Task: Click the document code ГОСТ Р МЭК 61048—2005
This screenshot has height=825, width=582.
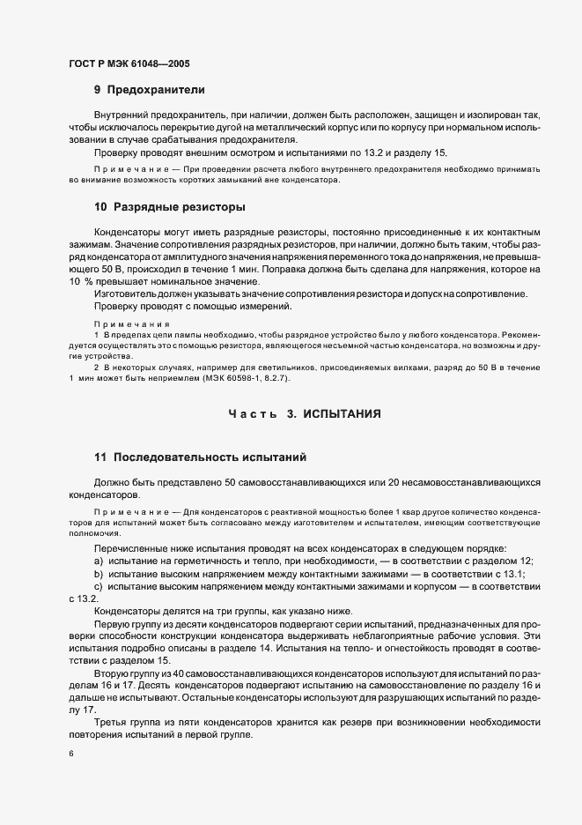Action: point(129,63)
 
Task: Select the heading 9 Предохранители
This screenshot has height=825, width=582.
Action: point(150,90)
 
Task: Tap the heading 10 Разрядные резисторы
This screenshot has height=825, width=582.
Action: point(169,207)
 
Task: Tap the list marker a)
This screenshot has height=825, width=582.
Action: point(98,562)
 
